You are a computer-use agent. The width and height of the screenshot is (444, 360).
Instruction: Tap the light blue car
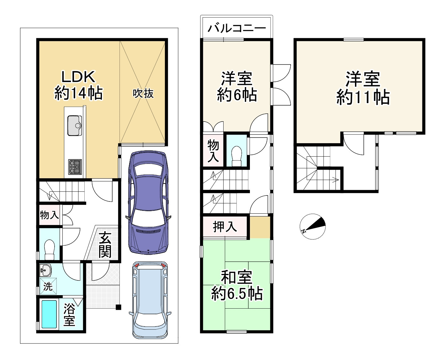coord(150,300)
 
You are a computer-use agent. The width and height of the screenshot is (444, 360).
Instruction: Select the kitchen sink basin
coord(74,126)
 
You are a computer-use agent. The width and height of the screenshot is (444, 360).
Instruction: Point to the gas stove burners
coord(75,167)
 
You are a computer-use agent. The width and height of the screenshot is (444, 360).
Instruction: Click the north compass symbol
coord(313,227)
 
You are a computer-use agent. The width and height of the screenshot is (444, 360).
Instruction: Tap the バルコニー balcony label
coord(237,28)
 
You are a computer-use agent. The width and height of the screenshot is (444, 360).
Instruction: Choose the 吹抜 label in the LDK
coord(143,93)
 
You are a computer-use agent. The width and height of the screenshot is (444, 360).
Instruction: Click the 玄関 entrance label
coord(105,245)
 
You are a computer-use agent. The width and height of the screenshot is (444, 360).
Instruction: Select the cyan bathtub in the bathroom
coord(49,314)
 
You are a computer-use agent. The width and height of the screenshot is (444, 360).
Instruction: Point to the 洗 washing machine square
coord(48,286)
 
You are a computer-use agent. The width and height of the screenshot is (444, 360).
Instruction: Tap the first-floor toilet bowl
coord(50,249)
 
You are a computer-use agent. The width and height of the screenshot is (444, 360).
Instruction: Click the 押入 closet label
coord(225,227)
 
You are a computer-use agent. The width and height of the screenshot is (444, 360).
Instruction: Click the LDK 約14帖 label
coord(78,85)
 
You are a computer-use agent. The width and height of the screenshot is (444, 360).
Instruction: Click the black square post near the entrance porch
coord(119,307)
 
